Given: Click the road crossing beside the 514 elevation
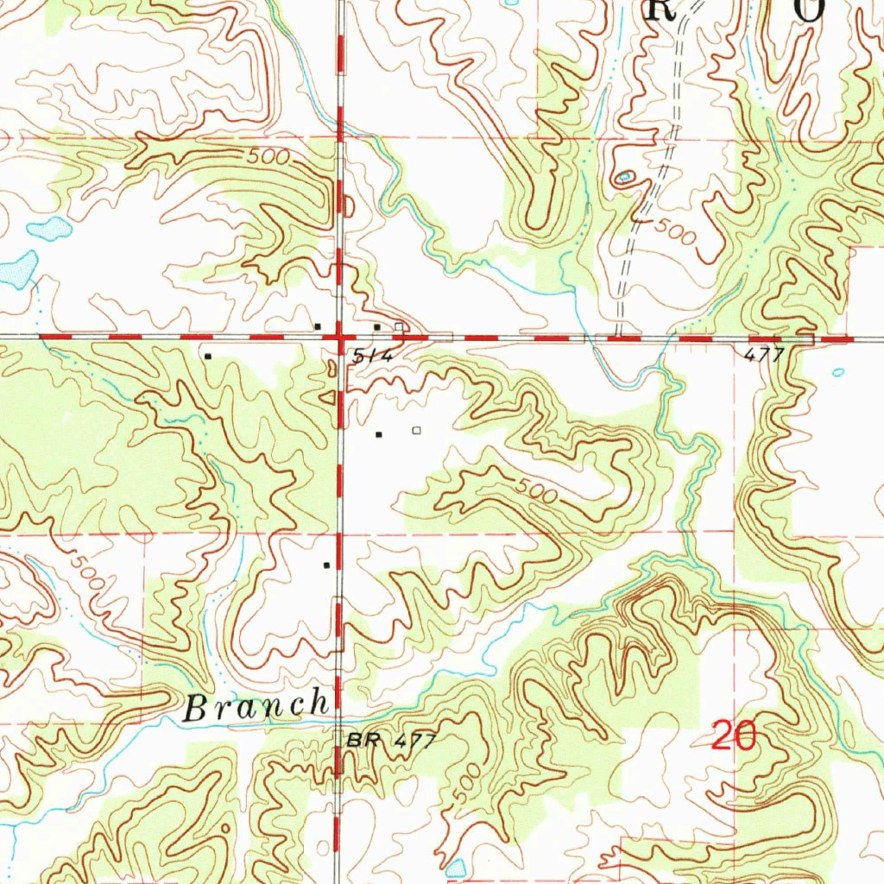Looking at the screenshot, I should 341,336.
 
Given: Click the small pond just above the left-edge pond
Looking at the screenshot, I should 49,229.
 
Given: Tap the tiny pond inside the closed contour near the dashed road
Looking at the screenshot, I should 624,179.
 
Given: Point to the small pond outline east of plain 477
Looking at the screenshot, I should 837,372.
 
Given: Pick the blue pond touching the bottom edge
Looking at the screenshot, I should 455,868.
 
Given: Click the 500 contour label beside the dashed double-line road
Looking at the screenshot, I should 674,231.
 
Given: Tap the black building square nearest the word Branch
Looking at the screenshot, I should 326,565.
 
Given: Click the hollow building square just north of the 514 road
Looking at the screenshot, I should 398,327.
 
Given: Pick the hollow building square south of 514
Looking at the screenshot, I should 418,430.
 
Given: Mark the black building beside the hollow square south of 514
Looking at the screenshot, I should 378,434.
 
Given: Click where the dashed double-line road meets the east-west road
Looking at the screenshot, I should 619,336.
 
